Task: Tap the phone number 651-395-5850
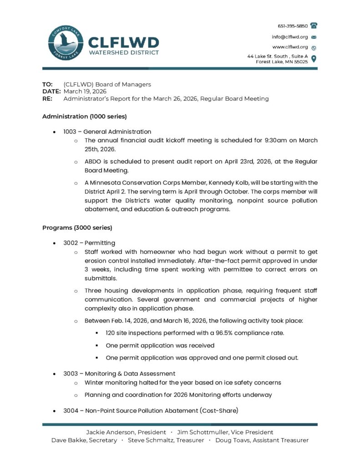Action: pos(293,26)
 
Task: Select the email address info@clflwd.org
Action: pos(290,37)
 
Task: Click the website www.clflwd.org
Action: pos(290,47)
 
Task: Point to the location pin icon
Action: pos(314,58)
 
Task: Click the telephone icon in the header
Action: pos(314,26)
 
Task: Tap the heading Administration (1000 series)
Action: pos(84,116)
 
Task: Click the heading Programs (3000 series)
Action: pos(77,227)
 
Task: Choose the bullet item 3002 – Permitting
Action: pos(89,243)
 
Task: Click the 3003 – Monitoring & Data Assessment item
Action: pos(119,374)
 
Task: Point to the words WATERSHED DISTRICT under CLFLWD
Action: pos(123,53)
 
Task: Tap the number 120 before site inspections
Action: pos(111,333)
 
